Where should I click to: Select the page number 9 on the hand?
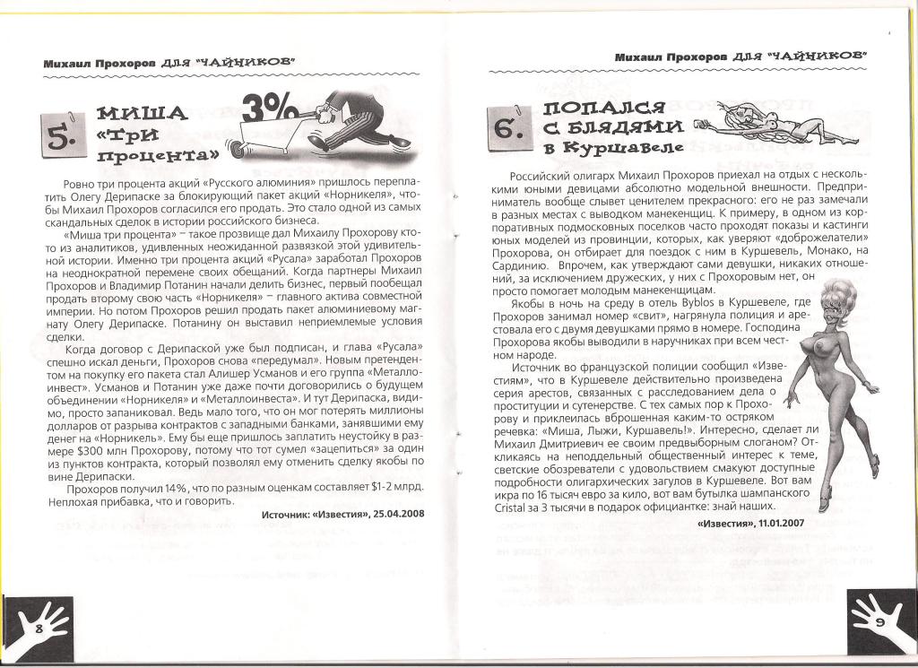(x=880, y=621)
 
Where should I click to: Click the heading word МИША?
(x=141, y=114)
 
